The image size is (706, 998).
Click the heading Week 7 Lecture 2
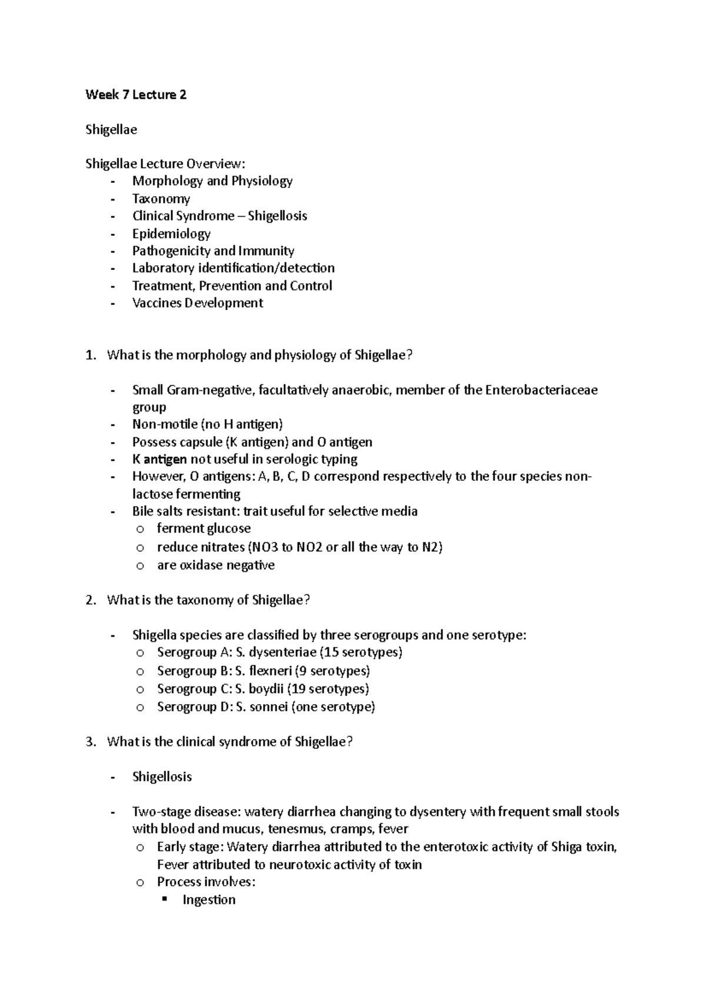pyautogui.click(x=136, y=95)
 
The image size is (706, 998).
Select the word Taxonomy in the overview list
pyautogui.click(x=161, y=199)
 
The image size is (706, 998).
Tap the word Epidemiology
pyautogui.click(x=171, y=233)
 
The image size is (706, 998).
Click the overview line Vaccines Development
pyautogui.click(x=198, y=303)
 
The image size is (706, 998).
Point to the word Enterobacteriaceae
pyautogui.click(x=541, y=390)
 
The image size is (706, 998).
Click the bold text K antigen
pyautogui.click(x=160, y=459)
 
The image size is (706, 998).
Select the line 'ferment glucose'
pyautogui.click(x=204, y=528)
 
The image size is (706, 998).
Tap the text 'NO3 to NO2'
pyautogui.click(x=285, y=547)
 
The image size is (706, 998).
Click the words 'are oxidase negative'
pyautogui.click(x=216, y=565)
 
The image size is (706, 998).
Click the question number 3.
pyautogui.click(x=90, y=742)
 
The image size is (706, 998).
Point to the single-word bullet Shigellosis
pyautogui.click(x=162, y=777)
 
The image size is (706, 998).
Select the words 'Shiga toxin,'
pyautogui.click(x=584, y=847)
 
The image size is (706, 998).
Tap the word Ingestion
pyautogui.click(x=209, y=900)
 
